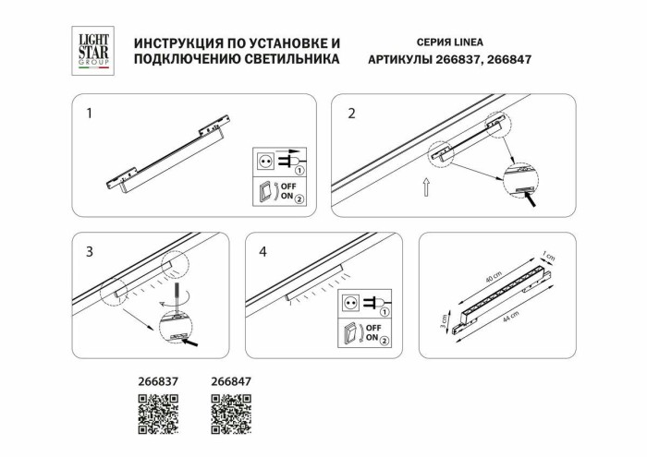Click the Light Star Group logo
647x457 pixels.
tap(92, 50)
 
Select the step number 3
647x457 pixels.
tap(90, 251)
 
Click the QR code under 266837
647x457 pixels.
tap(158, 413)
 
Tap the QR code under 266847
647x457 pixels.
tap(231, 413)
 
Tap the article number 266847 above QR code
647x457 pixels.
tap(231, 379)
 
